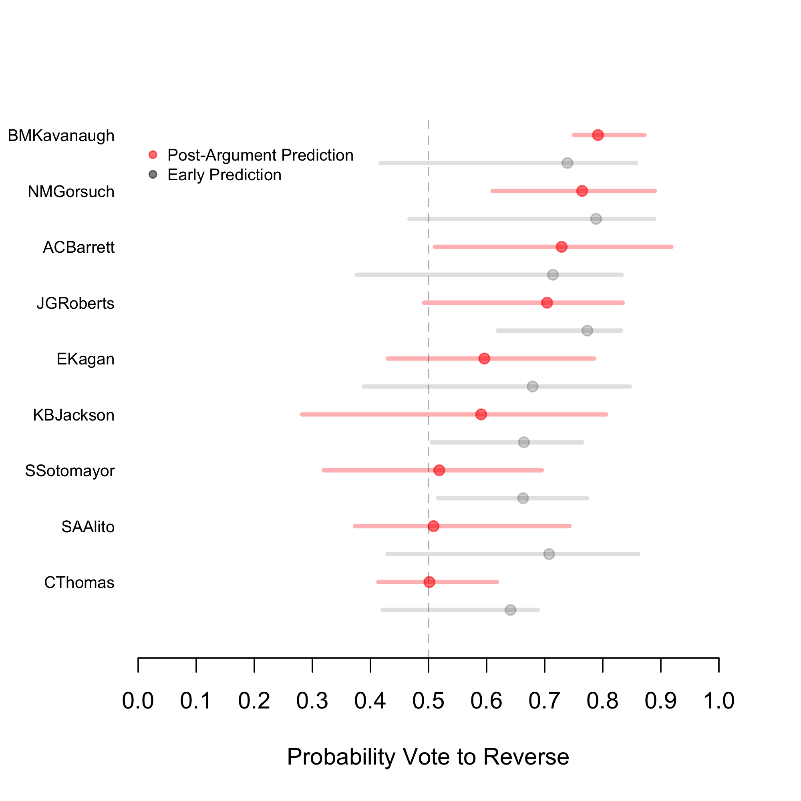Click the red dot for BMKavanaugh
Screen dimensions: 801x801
[598, 135]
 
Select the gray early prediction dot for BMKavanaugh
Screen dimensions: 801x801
[567, 163]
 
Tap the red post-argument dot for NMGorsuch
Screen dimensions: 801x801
[582, 191]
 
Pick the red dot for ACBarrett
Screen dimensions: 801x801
[562, 247]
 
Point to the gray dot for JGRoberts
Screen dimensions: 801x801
[587, 330]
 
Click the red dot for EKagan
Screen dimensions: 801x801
[484, 358]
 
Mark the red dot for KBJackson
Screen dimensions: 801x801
[481, 414]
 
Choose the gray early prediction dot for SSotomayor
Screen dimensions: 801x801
[523, 498]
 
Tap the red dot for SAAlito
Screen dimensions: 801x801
[433, 526]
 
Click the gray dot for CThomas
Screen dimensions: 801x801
[510, 610]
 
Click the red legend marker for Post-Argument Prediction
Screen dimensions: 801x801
[153, 155]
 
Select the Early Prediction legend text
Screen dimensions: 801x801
[224, 175]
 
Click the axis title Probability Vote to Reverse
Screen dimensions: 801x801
[428, 757]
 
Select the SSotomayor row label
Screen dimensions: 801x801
[70, 471]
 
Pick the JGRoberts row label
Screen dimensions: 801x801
[75, 304]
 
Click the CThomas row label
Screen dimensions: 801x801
[79, 582]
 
